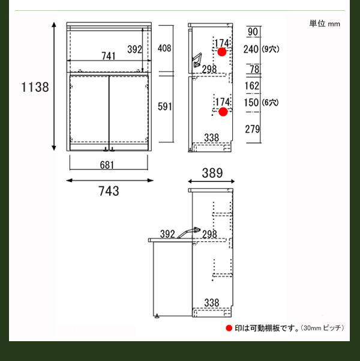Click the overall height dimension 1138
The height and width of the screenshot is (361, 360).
(x=35, y=87)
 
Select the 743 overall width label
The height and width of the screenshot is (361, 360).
(x=109, y=191)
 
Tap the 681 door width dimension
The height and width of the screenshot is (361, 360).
(x=107, y=165)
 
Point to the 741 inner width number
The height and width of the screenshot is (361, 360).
(x=109, y=56)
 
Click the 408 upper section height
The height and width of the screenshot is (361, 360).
(x=164, y=48)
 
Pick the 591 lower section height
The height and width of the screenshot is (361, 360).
(x=165, y=106)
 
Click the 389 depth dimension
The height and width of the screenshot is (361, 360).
(x=212, y=173)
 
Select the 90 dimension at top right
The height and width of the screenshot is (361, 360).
(x=253, y=32)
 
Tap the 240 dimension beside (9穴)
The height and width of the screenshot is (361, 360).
(x=251, y=49)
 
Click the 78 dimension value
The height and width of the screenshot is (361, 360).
(x=254, y=69)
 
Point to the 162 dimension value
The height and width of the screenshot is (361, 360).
(x=252, y=86)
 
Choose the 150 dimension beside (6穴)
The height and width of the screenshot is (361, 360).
(x=251, y=103)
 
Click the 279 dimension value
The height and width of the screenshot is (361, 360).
(x=253, y=129)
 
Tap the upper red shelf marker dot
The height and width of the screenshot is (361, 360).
(x=222, y=52)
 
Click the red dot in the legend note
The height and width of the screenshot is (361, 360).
(x=229, y=328)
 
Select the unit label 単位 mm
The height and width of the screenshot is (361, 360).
(x=325, y=23)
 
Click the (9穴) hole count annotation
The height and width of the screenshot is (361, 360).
(x=271, y=49)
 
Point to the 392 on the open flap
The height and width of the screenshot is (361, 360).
(x=167, y=234)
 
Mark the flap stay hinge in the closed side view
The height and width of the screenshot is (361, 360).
(x=197, y=60)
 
